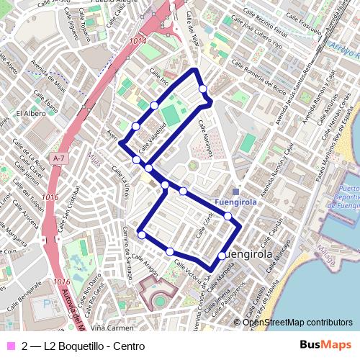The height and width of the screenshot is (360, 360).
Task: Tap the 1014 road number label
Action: pyautogui.click(x=138, y=42)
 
